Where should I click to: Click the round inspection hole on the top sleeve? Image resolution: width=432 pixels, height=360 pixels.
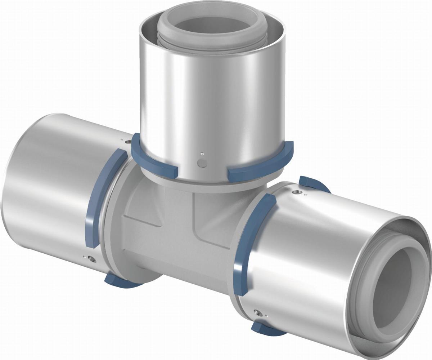point(203,163)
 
